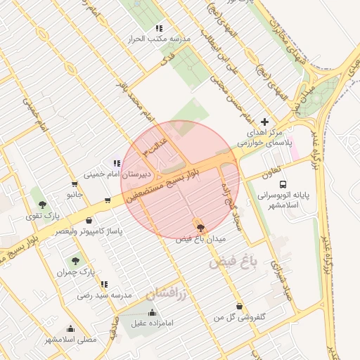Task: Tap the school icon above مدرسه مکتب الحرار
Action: pos(159,28)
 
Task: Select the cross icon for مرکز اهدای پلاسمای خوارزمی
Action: pos(264,122)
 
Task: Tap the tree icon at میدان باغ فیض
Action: pos(201,227)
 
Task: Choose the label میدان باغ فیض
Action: pos(201,240)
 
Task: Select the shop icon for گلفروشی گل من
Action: pos(240,306)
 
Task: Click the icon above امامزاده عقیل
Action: pos(151,312)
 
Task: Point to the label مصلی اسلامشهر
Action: pos(71,340)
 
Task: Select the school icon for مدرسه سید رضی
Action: pos(104,284)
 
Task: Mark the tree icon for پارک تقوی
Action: pos(43,205)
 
